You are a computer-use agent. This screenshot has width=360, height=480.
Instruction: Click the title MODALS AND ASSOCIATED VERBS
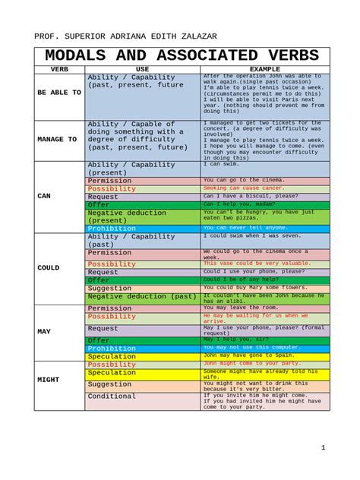point(182,56)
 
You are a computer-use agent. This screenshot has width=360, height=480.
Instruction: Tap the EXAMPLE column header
point(264,69)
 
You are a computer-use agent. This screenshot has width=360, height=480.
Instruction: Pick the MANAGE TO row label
point(58,140)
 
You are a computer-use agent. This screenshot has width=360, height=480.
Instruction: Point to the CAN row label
point(44,196)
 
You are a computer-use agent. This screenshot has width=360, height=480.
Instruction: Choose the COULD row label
point(49,268)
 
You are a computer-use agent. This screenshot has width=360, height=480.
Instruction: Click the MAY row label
point(44,332)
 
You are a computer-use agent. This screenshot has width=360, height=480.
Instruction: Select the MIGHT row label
point(49,379)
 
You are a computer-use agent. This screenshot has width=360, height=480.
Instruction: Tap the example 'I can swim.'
point(222,164)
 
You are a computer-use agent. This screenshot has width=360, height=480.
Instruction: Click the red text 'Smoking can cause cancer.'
point(244,188)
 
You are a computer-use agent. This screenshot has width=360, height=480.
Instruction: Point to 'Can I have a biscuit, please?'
point(250,196)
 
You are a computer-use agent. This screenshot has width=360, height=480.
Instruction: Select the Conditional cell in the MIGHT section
point(112,396)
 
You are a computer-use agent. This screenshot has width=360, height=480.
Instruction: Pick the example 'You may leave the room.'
point(241,308)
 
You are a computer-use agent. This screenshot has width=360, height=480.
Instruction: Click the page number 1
point(323,447)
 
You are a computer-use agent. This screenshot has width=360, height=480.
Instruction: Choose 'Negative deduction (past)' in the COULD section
point(142,296)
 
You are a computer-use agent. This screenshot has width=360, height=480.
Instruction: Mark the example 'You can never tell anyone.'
point(245,228)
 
